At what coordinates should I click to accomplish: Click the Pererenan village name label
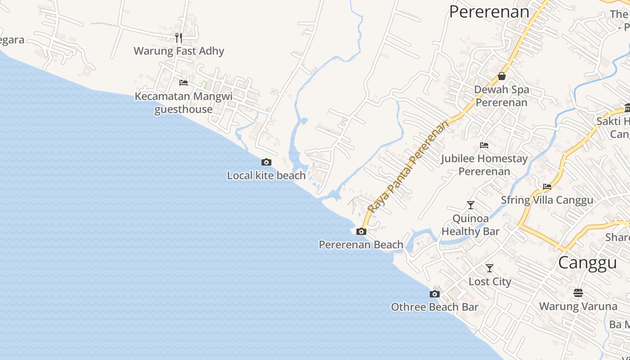point(489,12)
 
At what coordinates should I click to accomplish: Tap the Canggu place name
point(587,263)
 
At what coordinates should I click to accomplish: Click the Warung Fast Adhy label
point(179,51)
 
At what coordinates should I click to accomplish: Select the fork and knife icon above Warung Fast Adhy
point(179,37)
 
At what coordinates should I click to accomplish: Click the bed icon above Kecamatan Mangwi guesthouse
point(184,83)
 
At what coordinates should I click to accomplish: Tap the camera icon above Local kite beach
point(266,162)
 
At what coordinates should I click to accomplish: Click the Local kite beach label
point(266,175)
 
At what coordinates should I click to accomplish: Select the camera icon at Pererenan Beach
point(361,232)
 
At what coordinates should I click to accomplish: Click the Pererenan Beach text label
point(361,245)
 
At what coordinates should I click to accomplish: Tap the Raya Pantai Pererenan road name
point(408,166)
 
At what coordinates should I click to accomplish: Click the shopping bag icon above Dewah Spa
point(501,76)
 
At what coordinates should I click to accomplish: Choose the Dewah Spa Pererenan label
point(501,96)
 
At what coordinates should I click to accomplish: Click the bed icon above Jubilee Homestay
point(484,145)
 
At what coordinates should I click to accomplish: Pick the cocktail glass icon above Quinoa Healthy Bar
point(471,205)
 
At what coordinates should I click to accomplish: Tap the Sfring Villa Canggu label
point(547,200)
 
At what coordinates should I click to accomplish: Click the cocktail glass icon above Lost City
point(490,268)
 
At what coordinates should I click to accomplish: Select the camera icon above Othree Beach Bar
point(434,294)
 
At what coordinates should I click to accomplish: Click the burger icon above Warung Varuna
point(578,293)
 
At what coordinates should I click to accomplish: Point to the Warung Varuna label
point(578,306)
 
